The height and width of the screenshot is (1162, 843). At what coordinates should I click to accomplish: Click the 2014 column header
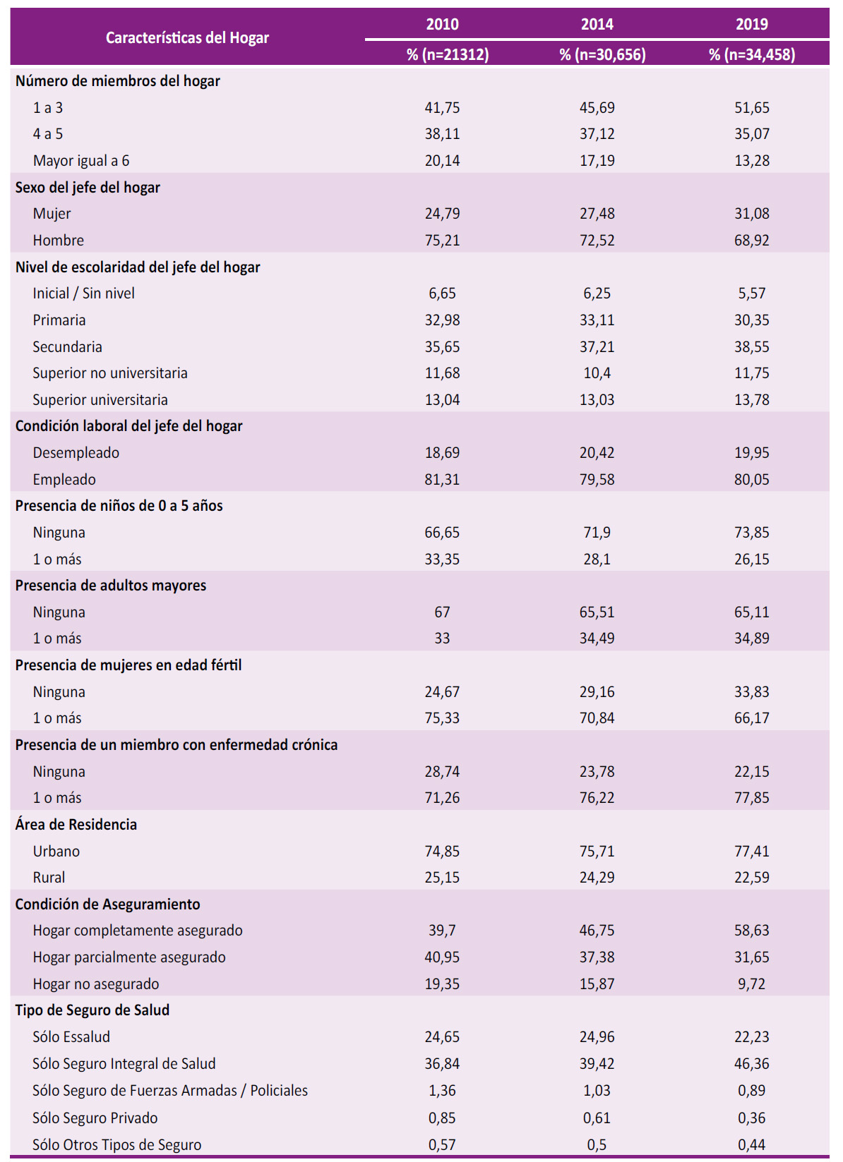[597, 24]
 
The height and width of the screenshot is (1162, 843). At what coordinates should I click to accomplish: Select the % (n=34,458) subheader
[752, 54]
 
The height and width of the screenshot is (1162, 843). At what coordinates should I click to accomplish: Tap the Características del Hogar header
[187, 38]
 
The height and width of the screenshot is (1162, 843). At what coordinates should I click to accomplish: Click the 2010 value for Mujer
[442, 214]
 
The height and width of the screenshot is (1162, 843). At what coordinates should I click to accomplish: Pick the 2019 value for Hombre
[752, 241]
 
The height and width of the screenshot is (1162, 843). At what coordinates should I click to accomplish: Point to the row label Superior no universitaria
[110, 373]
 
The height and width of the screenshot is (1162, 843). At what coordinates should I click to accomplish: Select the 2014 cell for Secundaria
[597, 347]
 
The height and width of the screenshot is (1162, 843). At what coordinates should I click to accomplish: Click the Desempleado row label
[76, 453]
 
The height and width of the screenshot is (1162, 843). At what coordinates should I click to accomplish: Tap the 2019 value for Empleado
[752, 480]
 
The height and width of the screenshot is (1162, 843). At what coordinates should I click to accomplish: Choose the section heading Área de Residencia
[76, 825]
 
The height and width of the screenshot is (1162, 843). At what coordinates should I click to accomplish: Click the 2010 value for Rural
[442, 878]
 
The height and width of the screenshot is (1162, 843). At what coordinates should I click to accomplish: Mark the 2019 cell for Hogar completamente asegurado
[752, 931]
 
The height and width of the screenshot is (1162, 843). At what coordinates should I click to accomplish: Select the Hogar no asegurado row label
[96, 984]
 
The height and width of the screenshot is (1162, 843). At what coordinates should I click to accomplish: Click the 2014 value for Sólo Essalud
[597, 1037]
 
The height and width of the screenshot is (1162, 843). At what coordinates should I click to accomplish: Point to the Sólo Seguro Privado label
[95, 1118]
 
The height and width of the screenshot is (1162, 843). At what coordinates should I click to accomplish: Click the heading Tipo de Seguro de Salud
[92, 1010]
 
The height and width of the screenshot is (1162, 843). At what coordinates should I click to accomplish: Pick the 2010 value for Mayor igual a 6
[442, 161]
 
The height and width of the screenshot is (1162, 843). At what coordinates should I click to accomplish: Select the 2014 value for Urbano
[597, 852]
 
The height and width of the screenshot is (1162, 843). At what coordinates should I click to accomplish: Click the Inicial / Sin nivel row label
[84, 293]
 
